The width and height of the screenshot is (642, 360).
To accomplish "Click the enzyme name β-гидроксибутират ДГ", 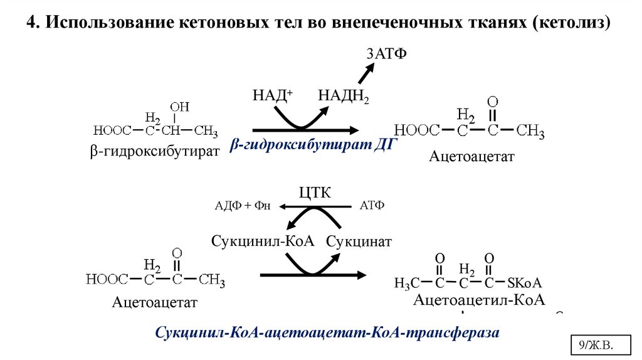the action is tap(313, 145).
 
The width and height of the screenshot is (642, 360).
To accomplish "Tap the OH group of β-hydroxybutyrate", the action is tap(179, 107).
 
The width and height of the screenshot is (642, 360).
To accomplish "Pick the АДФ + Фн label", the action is tap(243, 206).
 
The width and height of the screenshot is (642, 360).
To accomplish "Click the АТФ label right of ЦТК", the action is tap(372, 206).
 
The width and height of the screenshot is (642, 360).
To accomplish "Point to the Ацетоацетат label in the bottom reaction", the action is tap(155, 302).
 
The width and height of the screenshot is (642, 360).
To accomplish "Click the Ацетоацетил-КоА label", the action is tap(479, 299).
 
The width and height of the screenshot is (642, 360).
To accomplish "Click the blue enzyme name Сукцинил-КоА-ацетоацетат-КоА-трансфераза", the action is tap(327, 332).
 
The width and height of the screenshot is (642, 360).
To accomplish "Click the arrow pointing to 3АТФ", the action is tap(364, 74).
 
